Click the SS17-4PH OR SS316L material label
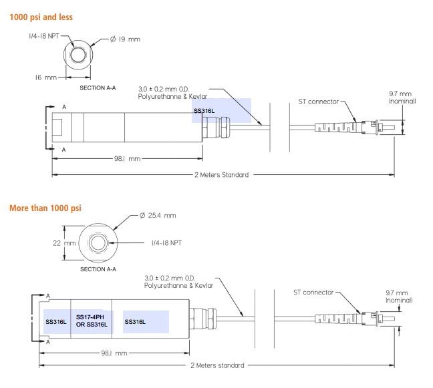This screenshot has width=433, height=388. pos(90,321)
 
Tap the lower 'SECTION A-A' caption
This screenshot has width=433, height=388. pos(98,270)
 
